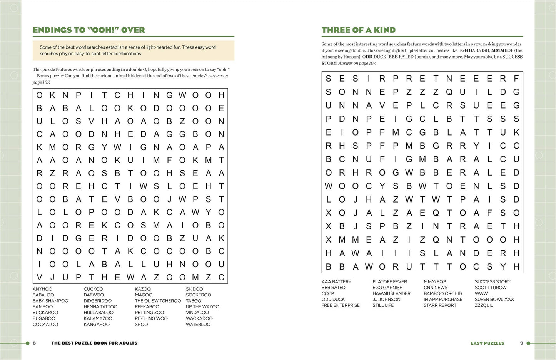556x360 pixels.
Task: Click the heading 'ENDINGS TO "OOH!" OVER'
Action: point(89,30)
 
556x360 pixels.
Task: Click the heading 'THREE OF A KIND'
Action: point(359,30)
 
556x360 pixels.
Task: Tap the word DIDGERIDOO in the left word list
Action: point(98,301)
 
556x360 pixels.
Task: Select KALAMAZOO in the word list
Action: point(98,318)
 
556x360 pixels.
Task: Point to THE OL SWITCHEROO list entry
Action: point(158,301)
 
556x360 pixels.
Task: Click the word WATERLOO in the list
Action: point(198,325)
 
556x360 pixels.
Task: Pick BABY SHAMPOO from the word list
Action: point(50,301)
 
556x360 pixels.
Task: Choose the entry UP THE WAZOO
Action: point(202,307)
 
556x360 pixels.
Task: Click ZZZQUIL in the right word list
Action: point(484,305)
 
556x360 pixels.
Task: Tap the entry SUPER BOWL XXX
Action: point(494,299)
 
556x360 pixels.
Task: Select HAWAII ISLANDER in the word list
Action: point(391,293)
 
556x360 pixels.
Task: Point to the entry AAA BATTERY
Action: point(336,282)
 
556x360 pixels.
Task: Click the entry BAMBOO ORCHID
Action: point(443,293)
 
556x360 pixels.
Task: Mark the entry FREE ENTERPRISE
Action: point(341,305)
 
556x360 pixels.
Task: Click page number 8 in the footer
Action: point(34,343)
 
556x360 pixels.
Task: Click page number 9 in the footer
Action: point(522,343)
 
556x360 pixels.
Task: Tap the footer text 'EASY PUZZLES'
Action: point(487,343)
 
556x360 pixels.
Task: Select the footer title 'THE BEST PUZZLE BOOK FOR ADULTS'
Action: point(94,343)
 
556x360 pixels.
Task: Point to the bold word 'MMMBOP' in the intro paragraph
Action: point(502,50)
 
